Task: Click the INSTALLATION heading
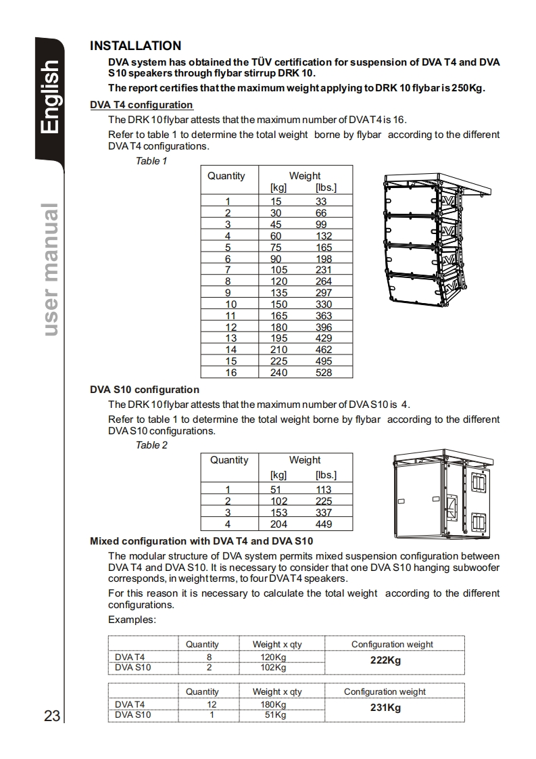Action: point(135,46)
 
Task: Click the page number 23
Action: point(52,716)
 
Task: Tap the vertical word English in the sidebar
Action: point(50,97)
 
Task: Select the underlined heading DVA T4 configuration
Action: point(141,105)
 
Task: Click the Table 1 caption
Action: point(151,161)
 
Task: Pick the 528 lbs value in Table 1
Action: point(324,373)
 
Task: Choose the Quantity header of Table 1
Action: point(226,176)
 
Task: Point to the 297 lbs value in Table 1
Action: point(324,293)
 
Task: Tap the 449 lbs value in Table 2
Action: point(324,524)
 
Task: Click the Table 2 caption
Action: point(151,445)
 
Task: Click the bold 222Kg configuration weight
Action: point(385,660)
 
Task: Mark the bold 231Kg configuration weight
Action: point(385,708)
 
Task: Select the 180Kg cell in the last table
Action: point(273,704)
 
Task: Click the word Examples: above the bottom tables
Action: point(132,620)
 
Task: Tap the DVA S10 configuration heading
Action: point(145,390)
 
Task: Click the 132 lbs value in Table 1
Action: point(324,236)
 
